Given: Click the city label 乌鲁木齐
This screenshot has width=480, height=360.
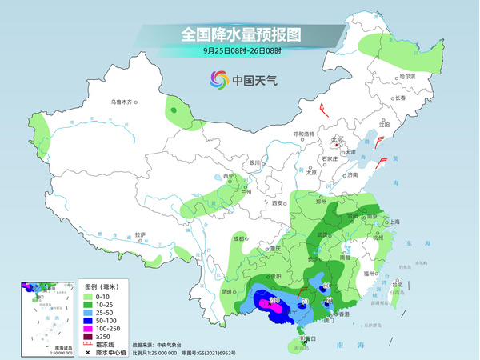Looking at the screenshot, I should click(x=125, y=102).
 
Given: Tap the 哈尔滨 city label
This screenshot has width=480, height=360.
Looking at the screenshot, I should click(x=408, y=78).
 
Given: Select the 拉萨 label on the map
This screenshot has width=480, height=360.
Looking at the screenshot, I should click(x=141, y=234).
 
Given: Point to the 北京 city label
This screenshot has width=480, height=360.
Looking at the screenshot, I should click(x=338, y=138).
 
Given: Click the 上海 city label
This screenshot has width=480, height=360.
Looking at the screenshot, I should click(x=393, y=222).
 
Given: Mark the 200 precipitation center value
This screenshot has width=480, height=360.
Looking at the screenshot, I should click(x=274, y=300).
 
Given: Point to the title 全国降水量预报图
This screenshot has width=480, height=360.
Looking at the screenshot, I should click(x=241, y=34).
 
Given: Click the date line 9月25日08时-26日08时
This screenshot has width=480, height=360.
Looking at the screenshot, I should click(x=241, y=50).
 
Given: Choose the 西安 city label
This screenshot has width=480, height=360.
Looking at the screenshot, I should click(x=278, y=203).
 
